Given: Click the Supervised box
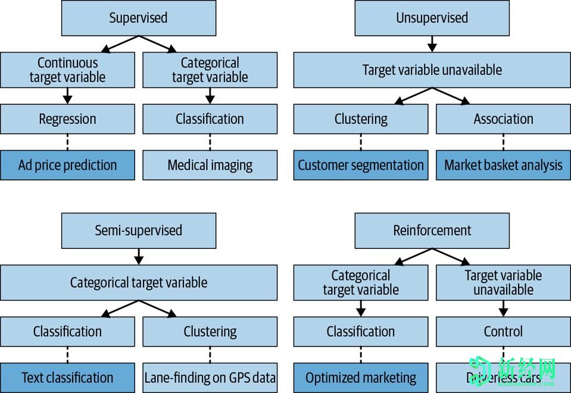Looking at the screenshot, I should [138, 18].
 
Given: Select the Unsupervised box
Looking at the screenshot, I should [432, 18].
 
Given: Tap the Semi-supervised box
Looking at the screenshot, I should [138, 230].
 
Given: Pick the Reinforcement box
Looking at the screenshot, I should [432, 230].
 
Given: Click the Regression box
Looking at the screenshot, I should [67, 119].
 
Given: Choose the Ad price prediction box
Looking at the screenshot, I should [67, 165].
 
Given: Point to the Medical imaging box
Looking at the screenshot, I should [210, 165].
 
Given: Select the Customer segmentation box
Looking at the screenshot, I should [361, 165].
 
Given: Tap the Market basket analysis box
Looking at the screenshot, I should [503, 165].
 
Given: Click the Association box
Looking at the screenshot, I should [503, 119].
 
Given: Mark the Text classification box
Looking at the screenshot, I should [67, 378].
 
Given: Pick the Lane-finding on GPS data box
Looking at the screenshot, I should [210, 378].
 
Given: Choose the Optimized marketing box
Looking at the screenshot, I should [361, 378].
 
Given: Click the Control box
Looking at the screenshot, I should [503, 332].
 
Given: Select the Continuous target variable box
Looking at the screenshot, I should [67, 70].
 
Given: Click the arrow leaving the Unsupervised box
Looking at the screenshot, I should [432, 44].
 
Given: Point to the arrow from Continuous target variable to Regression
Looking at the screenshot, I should [67, 95].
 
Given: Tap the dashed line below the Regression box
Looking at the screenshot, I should [67, 142].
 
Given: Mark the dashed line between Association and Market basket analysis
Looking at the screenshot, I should [503, 142].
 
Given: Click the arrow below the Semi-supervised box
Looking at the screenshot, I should [139, 257].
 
